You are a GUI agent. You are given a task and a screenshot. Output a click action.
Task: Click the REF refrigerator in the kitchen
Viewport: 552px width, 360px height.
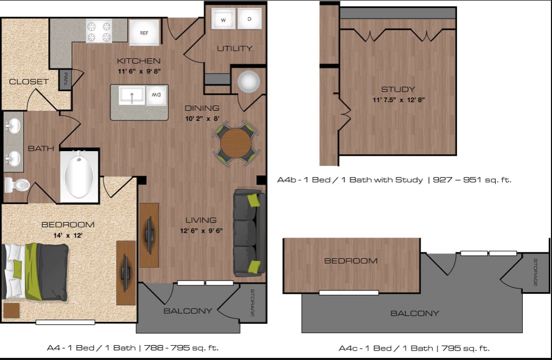click(x=144, y=32)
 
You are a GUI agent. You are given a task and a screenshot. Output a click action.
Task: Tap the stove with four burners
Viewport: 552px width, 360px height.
click(x=99, y=31)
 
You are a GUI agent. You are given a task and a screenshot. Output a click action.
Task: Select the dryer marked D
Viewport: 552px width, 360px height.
click(x=249, y=19)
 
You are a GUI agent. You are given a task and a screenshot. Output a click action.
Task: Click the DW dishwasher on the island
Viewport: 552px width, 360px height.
click(x=156, y=95)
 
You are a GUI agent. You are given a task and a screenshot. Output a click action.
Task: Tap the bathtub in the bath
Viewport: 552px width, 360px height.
click(x=79, y=177)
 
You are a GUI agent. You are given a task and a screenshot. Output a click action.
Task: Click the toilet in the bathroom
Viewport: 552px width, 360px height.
click(x=17, y=186)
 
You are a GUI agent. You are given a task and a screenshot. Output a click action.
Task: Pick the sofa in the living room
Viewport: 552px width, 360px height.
click(x=249, y=233)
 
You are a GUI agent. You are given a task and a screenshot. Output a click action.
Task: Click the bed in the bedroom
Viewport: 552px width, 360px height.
click(x=35, y=272)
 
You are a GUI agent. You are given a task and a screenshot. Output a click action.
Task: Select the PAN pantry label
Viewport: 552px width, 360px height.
click(x=65, y=80)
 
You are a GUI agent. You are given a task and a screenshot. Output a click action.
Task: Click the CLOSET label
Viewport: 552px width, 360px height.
click(x=29, y=82)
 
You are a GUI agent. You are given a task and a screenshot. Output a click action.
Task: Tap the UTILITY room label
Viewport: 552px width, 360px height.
click(x=234, y=48)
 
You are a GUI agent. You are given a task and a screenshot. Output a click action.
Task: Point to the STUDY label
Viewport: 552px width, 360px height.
click(x=398, y=89)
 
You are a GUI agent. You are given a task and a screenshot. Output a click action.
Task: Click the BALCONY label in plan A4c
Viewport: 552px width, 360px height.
click(x=415, y=313)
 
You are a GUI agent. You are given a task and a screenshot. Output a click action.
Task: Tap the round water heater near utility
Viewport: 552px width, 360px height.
click(x=249, y=82)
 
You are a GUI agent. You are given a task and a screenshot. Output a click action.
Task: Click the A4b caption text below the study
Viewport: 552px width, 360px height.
click(x=394, y=180)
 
